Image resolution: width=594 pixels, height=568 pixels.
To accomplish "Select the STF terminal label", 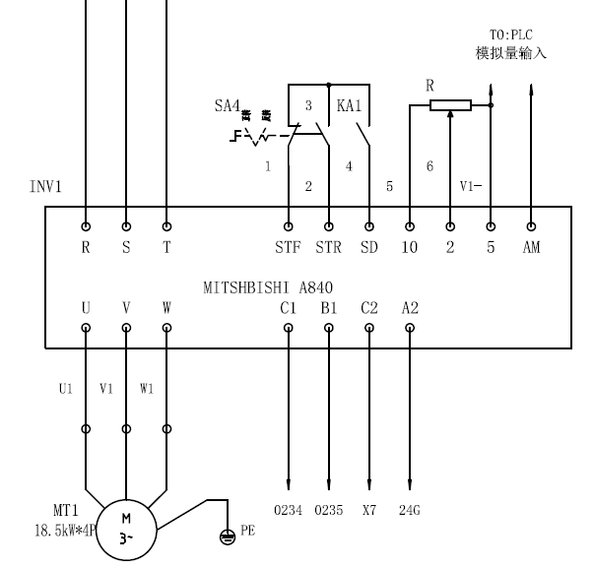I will click(289, 248).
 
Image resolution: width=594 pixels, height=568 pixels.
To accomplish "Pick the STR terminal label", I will click(329, 248).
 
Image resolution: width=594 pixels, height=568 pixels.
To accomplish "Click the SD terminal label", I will click(369, 248).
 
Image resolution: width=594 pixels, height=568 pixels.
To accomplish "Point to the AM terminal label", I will click(531, 248).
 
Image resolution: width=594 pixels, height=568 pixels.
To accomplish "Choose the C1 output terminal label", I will click(288, 308).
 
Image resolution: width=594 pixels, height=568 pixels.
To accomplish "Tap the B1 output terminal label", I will click(329, 308).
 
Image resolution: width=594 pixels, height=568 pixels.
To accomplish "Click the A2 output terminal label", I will click(410, 308).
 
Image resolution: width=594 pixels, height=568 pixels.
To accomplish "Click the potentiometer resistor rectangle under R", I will click(450, 105).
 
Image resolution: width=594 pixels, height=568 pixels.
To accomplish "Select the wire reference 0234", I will click(288, 511).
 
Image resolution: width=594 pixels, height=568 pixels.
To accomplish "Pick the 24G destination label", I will click(410, 511).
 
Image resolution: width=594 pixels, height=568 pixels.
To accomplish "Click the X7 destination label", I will click(369, 511).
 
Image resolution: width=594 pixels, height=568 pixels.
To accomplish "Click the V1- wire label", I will click(472, 186).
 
